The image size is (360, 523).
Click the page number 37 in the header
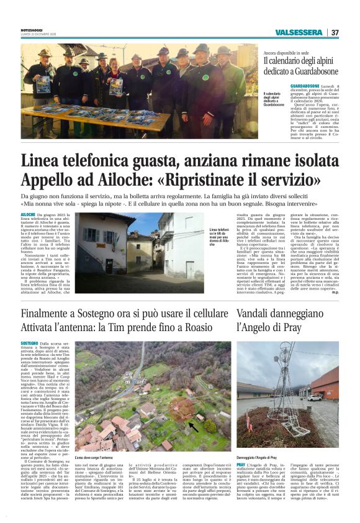(335, 32)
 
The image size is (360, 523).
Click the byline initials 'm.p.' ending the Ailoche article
(335, 292)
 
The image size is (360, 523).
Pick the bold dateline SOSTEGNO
(29, 343)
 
